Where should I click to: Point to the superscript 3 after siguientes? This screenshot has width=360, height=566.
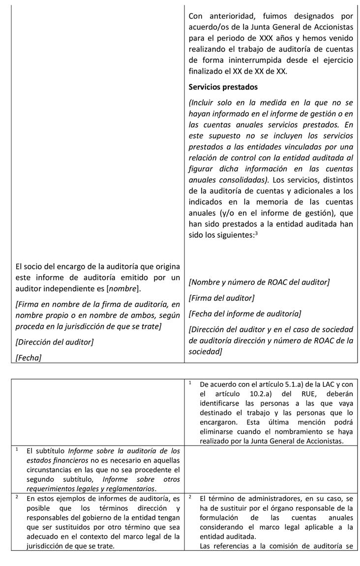click(256, 233)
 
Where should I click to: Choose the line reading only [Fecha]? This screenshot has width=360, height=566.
click(29, 358)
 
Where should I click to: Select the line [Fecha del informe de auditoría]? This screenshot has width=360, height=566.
click(244, 314)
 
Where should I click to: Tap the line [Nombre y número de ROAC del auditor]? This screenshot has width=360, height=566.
click(259, 282)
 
